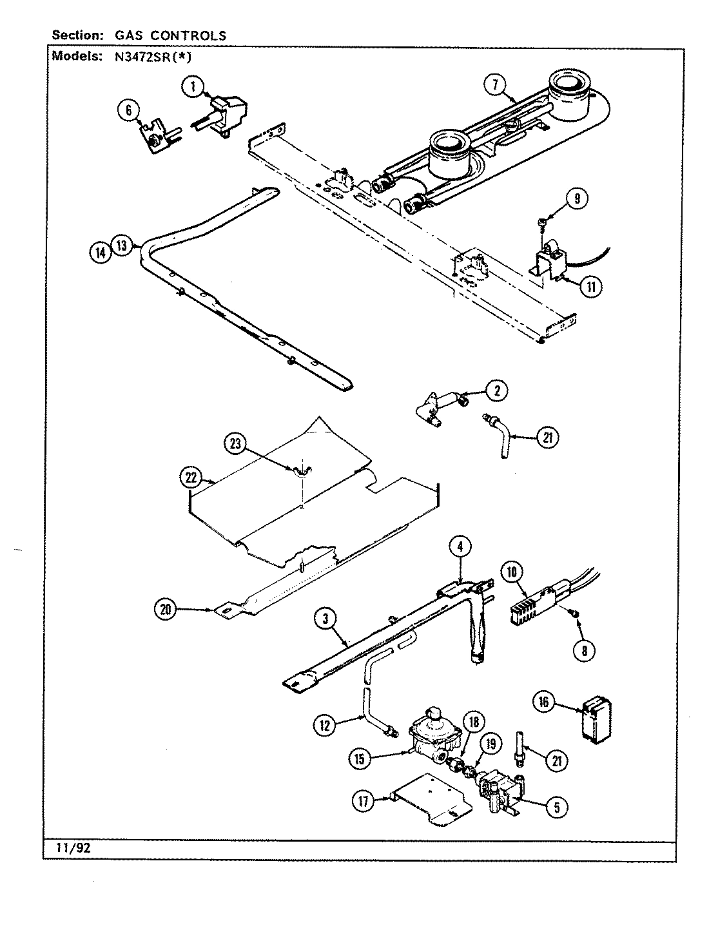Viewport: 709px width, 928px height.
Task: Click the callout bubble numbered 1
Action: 192,86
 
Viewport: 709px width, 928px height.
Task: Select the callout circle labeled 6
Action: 128,111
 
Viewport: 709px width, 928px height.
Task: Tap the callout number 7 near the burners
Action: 496,83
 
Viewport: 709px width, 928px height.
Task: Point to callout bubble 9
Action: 577,198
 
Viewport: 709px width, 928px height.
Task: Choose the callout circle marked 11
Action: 590,286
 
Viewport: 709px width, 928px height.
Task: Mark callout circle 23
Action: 235,443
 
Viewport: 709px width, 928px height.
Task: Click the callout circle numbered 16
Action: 543,702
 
